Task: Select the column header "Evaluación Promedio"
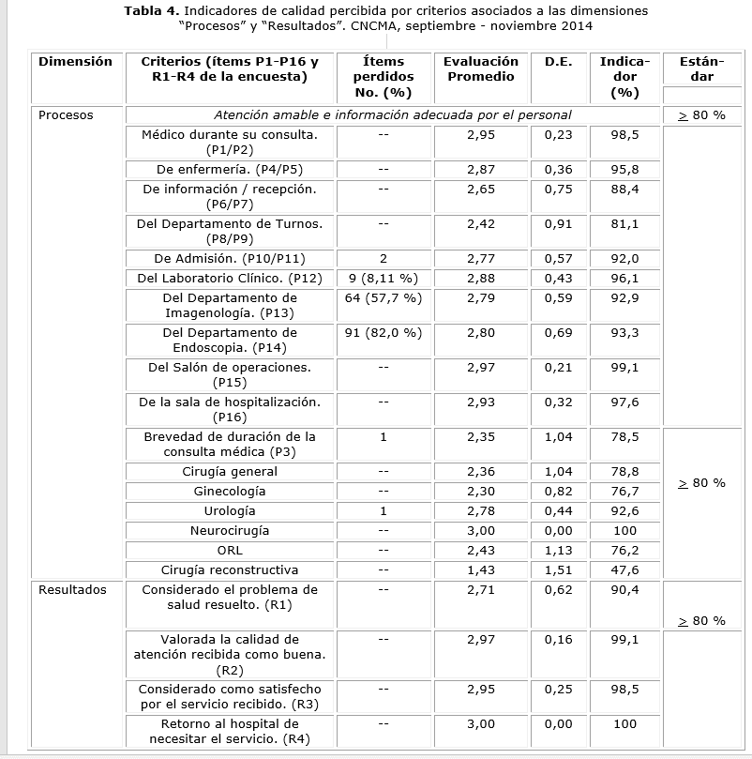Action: point(480,69)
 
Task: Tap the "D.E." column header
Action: point(559,62)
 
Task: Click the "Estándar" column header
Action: point(694,69)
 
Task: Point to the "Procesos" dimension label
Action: point(66,115)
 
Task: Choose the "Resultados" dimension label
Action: point(72,590)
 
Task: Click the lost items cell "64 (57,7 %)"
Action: point(384,297)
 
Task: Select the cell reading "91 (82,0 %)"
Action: point(384,333)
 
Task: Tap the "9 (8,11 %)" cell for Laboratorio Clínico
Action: point(384,279)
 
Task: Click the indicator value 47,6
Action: point(624,569)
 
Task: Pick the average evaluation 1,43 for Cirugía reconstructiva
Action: point(480,569)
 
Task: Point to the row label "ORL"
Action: point(230,550)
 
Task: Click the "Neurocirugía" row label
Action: point(230,530)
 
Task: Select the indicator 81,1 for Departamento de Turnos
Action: point(624,224)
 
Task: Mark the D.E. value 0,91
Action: point(559,224)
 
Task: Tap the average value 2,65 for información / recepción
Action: point(480,189)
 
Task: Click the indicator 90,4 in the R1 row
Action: point(624,590)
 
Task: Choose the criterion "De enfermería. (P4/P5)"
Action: point(230,169)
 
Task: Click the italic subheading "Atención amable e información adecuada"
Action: point(392,115)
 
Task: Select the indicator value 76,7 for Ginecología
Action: point(624,491)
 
